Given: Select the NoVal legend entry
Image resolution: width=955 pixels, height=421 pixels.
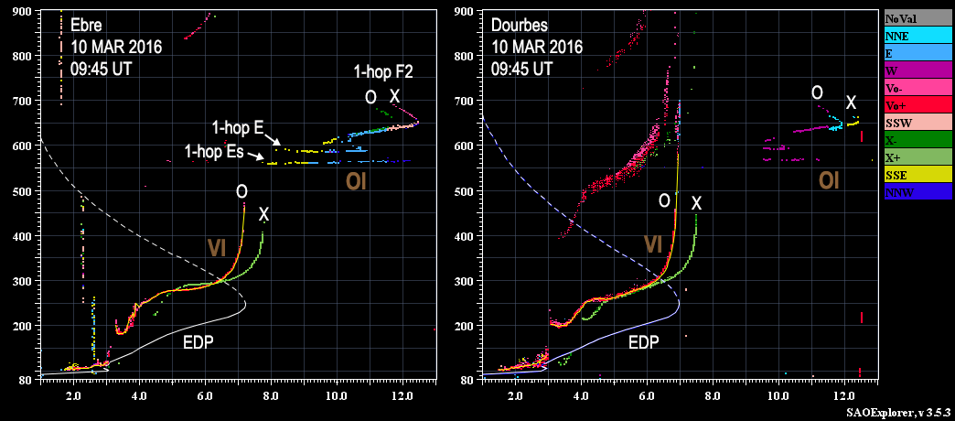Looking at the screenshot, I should pyautogui.click(x=917, y=17).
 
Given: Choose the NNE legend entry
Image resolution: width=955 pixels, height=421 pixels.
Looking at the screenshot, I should pyautogui.click(x=917, y=35).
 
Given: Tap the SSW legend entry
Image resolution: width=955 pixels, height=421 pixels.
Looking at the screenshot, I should pyautogui.click(x=917, y=123).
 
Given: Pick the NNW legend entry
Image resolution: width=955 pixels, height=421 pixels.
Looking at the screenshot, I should pyautogui.click(x=917, y=193).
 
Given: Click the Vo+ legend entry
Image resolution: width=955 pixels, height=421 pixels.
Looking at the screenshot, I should pyautogui.click(x=917, y=105).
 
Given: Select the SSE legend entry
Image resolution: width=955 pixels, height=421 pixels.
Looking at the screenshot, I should pyautogui.click(x=917, y=176).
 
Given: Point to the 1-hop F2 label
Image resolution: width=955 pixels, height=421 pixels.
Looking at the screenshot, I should pyautogui.click(x=383, y=71).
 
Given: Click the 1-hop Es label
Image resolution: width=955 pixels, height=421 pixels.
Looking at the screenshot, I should pyautogui.click(x=214, y=151).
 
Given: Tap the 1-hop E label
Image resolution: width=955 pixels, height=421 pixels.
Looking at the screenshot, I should pyautogui.click(x=238, y=127).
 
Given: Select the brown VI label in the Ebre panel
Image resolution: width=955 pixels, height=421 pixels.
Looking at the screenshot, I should pyautogui.click(x=217, y=247).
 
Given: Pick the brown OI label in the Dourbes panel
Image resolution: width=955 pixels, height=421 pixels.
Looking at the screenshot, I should pyautogui.click(x=830, y=181).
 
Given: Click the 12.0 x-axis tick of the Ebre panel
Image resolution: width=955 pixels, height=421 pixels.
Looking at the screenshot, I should pyautogui.click(x=402, y=395).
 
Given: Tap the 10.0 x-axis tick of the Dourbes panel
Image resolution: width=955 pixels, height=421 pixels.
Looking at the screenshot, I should pyautogui.click(x=778, y=395).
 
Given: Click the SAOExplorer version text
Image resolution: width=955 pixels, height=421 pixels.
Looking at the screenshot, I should pyautogui.click(x=899, y=414).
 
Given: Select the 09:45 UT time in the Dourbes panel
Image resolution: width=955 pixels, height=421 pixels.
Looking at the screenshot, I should pyautogui.click(x=522, y=68).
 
